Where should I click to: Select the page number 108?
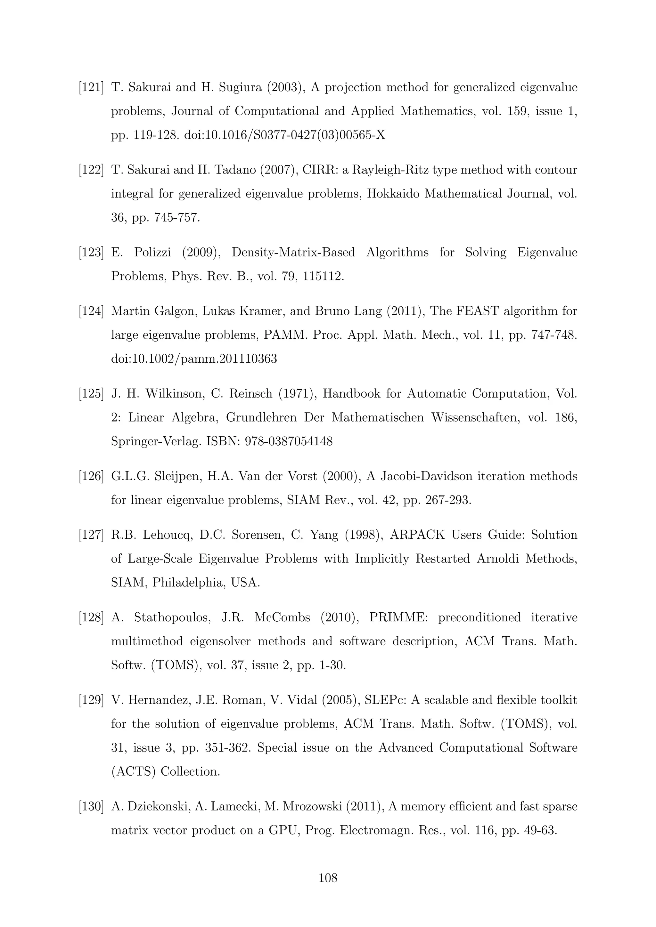click(328, 877)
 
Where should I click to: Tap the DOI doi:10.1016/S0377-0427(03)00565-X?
click(284, 135)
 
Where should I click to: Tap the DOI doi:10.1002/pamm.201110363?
click(194, 359)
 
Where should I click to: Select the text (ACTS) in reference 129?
click(133, 771)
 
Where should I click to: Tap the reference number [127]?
click(91, 535)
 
